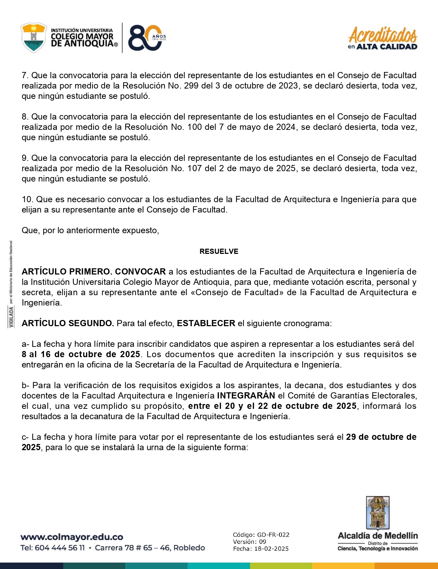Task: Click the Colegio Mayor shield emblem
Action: (x=33, y=38)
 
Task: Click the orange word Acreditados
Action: (x=383, y=34)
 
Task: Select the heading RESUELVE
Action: (x=219, y=251)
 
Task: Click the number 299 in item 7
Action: (x=191, y=86)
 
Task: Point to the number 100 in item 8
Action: (x=195, y=127)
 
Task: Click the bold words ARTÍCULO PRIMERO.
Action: (x=67, y=272)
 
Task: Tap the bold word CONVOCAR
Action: (x=140, y=272)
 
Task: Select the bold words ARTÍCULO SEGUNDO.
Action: (x=67, y=323)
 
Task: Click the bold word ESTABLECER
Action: (x=206, y=323)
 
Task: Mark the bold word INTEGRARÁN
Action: (x=246, y=396)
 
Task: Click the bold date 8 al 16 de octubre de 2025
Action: (x=81, y=354)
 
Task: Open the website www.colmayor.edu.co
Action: (x=72, y=537)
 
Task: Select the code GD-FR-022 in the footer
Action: (x=273, y=535)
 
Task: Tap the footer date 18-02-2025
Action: (x=271, y=549)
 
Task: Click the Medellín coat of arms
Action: (x=377, y=513)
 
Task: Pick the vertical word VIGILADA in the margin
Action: (x=12, y=317)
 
